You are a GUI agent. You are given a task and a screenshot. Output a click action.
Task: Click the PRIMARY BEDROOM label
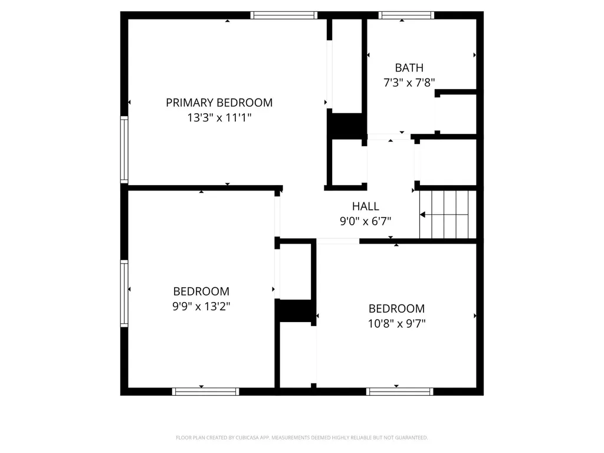(x=219, y=103)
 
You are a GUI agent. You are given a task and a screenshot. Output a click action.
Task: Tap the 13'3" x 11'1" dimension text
(x=219, y=117)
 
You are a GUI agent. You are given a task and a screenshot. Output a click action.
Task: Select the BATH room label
(x=409, y=68)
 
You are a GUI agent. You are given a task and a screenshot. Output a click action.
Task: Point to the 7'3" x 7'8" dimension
(x=409, y=83)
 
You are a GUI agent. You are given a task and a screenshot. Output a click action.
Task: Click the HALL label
(x=366, y=206)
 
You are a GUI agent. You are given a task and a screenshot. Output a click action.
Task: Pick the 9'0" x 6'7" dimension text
(x=366, y=221)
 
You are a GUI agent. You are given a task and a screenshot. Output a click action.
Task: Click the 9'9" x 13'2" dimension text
(x=201, y=306)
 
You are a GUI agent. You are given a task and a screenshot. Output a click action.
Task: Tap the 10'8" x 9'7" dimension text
(x=397, y=324)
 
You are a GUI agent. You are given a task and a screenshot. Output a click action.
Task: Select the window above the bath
(x=406, y=15)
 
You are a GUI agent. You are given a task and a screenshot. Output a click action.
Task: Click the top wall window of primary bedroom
(x=284, y=15)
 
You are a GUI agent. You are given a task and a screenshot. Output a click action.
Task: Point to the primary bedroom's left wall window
(x=124, y=149)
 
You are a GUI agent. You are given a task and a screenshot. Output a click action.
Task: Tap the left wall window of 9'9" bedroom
(x=124, y=294)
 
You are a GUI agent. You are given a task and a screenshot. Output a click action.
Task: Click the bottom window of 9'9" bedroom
(x=205, y=392)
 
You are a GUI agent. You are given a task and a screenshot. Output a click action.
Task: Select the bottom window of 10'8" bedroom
(x=399, y=392)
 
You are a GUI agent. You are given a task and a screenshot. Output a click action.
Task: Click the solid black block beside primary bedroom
(x=346, y=126)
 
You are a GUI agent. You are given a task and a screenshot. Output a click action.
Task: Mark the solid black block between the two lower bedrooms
(x=296, y=310)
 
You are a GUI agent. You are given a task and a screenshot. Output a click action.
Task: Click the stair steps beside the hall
(x=448, y=215)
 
